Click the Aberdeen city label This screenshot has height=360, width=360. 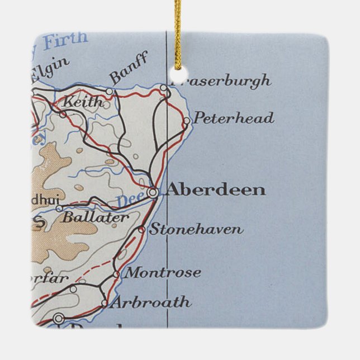click(216, 190)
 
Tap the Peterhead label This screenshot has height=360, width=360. click(233, 119)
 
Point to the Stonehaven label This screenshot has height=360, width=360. click(196, 229)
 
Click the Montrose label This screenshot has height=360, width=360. click(162, 273)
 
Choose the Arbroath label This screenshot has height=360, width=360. click(150, 303)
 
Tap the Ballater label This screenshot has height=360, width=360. click(95, 217)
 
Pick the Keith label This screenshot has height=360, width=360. click(83, 102)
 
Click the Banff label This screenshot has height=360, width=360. click(129, 68)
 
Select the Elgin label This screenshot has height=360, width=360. click(50, 69)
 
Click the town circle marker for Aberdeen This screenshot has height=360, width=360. click(153, 192)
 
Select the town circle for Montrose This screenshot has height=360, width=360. click(116, 274)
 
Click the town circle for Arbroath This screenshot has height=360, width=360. click(105, 304)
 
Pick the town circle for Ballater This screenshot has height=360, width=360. click(59, 209)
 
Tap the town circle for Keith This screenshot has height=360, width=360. click(63, 115)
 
